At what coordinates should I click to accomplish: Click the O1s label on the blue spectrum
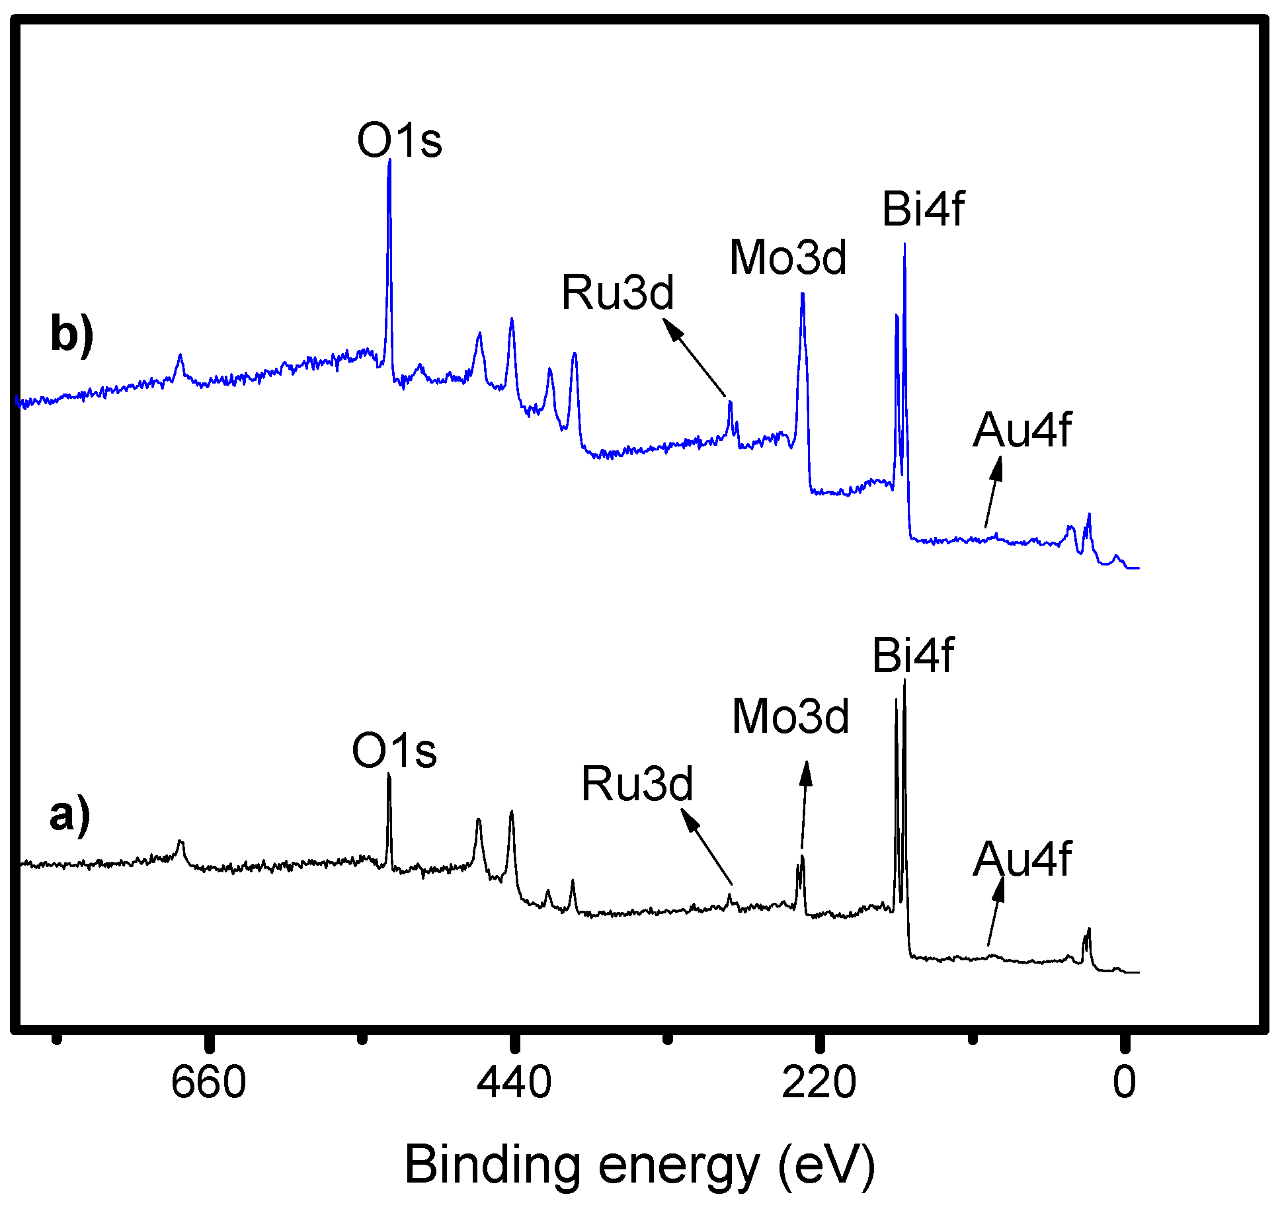[399, 141]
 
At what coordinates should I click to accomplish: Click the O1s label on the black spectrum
[394, 751]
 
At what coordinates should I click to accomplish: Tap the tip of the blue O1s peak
[389, 161]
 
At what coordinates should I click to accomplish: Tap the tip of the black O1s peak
[389, 775]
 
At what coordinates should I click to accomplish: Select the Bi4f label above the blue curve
[923, 210]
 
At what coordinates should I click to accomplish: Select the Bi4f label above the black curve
[912, 656]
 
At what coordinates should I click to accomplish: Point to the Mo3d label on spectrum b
[787, 257]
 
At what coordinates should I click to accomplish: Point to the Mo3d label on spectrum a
[790, 717]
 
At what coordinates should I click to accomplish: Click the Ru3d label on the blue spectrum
[618, 292]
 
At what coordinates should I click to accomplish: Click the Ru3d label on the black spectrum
[637, 784]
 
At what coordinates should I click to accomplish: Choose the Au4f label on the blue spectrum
[1022, 431]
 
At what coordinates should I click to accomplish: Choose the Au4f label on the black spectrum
[1022, 860]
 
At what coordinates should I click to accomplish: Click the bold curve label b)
[71, 334]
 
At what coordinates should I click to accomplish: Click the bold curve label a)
[70, 815]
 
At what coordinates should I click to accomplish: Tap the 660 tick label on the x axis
[208, 1083]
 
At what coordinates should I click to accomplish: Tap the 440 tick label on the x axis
[514, 1083]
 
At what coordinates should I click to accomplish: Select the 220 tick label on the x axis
[819, 1083]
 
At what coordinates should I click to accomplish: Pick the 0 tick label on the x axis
[1124, 1083]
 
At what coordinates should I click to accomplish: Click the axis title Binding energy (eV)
[639, 1165]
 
